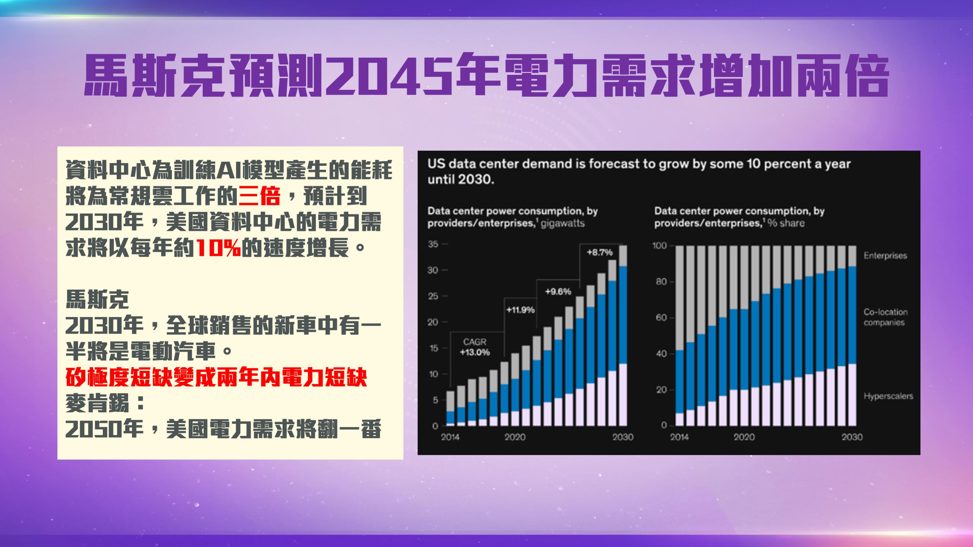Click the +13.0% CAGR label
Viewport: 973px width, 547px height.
point(475,352)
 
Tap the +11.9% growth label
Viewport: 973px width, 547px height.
point(521,310)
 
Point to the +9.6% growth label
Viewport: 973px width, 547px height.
point(558,291)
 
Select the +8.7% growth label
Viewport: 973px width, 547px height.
point(599,252)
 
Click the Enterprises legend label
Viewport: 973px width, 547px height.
point(885,256)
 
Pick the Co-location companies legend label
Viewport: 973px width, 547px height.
point(885,317)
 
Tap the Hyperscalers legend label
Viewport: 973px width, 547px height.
point(888,396)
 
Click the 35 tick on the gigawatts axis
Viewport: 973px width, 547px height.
point(433,244)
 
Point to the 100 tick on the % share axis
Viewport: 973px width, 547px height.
point(660,246)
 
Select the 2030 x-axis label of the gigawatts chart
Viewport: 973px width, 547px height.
point(623,437)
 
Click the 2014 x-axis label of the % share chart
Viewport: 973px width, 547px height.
point(679,437)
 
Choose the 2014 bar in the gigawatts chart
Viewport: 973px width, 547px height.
point(450,408)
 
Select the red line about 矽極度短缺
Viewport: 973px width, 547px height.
point(216,377)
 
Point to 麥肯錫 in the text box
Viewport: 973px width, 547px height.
point(97,403)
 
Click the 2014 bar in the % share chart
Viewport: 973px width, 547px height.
point(679,336)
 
